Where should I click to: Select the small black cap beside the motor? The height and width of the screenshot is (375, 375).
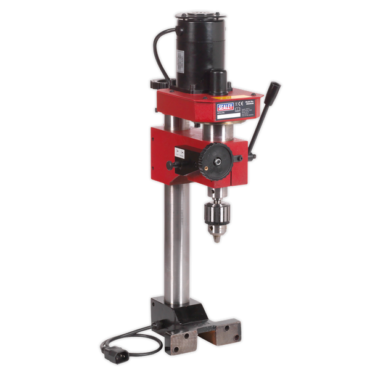tap(216, 79)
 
